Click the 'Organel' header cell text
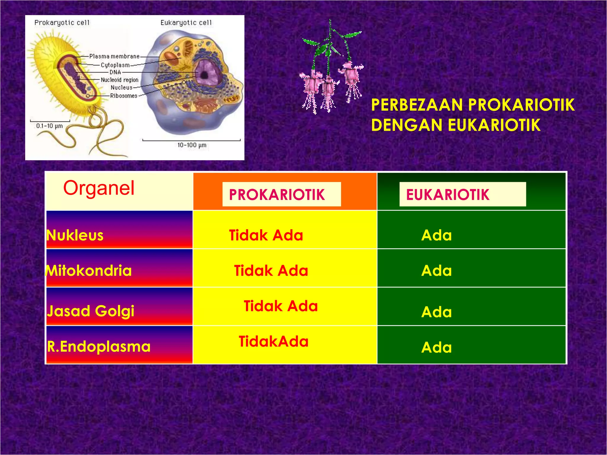pos(99,188)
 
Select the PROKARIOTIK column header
pos(277,195)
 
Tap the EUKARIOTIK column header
pos(448,195)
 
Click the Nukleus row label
pos(75,235)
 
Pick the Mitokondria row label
pos(89,271)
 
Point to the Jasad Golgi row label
pos(91,311)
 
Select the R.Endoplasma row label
pos(99,347)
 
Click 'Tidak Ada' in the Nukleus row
pos(266,235)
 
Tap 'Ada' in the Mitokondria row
pos(436,271)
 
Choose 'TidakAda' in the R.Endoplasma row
pos(273,342)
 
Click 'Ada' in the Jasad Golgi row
pos(436,312)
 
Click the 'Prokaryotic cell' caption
pos(62,23)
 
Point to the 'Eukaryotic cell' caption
pos(186,23)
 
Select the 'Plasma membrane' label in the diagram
pos(114,56)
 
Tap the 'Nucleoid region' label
pos(119,80)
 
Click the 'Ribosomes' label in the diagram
pos(124,96)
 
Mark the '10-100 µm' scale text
pos(192,145)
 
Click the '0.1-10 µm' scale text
pos(49,126)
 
